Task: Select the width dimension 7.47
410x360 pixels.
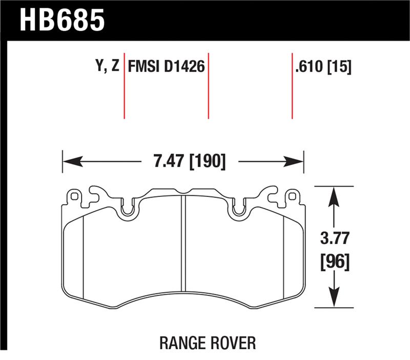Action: tap(167, 162)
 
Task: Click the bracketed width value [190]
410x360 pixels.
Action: tap(207, 162)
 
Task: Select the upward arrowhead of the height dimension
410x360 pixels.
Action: tap(334, 195)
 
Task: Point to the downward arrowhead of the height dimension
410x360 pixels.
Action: tap(334, 299)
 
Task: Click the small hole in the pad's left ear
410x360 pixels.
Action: tap(74, 195)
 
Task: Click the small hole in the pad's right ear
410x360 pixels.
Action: tap(293, 195)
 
